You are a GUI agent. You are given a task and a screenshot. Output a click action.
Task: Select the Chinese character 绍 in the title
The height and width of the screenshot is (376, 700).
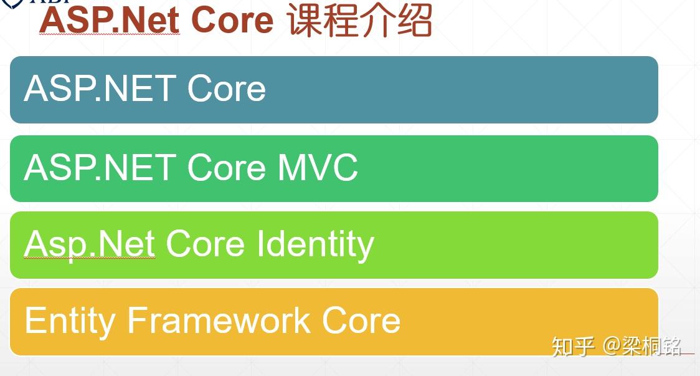tap(415, 19)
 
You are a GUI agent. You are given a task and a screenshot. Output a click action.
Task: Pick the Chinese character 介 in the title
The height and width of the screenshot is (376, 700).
tap(379, 19)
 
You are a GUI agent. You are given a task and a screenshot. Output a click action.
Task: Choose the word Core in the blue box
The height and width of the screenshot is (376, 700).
tap(227, 89)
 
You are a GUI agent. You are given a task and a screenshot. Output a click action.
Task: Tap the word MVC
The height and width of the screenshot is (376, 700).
tap(318, 167)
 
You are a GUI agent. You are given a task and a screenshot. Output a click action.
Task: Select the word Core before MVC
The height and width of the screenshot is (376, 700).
tap(227, 167)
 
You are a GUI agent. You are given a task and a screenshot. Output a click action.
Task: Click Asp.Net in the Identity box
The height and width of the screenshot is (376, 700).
tap(90, 244)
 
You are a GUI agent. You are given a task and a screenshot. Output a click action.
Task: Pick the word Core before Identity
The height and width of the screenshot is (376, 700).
tap(206, 244)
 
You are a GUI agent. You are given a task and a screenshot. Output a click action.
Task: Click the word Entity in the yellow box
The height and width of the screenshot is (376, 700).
tap(70, 321)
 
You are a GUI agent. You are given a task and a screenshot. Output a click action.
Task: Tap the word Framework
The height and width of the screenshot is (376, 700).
tap(219, 320)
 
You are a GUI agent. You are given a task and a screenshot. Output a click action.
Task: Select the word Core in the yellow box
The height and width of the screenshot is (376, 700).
tap(361, 320)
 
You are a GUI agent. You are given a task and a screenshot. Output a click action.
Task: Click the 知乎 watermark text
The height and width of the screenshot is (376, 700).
tap(573, 346)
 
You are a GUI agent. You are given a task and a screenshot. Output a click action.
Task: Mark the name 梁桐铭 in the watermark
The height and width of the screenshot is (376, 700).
tap(651, 346)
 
